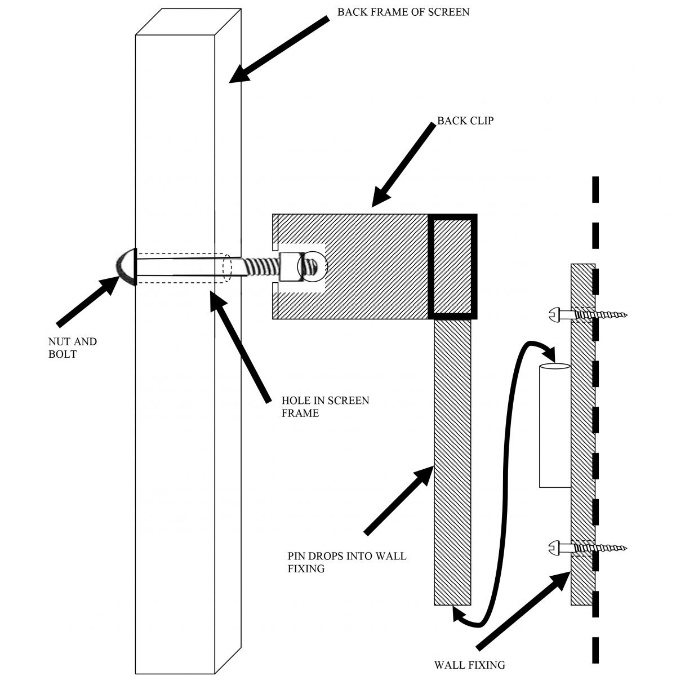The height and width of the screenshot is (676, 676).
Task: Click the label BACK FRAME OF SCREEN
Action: [x=403, y=11]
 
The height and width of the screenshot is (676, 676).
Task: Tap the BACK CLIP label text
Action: [x=465, y=120]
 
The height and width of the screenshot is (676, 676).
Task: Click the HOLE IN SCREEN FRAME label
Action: [x=325, y=407]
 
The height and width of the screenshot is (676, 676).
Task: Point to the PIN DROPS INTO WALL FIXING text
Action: [x=347, y=562]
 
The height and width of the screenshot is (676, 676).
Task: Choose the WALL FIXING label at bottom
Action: [x=469, y=665]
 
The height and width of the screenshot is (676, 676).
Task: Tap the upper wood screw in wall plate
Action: [x=586, y=314]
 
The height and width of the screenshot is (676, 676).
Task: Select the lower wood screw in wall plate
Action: [x=586, y=547]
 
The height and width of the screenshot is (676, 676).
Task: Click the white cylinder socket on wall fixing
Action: [x=555, y=425]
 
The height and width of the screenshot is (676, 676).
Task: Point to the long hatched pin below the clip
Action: [x=452, y=462]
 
